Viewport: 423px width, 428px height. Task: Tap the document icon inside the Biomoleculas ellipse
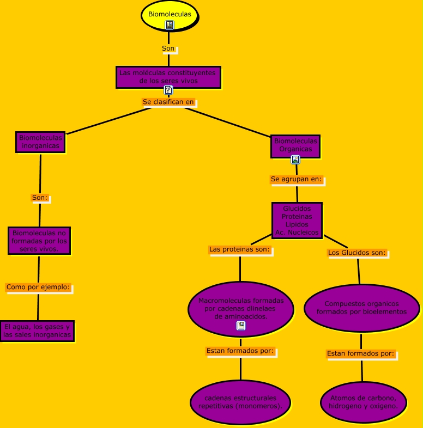(170, 25)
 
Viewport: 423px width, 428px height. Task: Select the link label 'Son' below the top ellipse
(168, 48)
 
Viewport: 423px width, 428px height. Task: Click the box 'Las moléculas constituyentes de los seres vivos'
(168, 77)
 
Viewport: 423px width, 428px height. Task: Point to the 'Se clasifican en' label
(168, 102)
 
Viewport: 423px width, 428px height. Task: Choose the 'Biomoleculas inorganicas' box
(40, 142)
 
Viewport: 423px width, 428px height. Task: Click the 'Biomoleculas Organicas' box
(295, 145)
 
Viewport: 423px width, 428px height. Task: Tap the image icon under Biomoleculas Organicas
(295, 160)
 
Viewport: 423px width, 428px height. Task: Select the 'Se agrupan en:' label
(297, 179)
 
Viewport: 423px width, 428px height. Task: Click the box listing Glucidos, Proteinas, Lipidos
(297, 220)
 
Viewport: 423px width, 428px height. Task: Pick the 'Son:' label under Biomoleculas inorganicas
(40, 198)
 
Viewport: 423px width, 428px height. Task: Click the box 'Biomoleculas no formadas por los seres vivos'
(39, 241)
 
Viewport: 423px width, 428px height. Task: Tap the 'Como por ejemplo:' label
(38, 286)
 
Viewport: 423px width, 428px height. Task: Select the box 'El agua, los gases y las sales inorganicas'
(37, 331)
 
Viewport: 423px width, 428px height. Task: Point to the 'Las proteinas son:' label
(239, 249)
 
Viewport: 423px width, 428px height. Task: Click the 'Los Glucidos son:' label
(357, 253)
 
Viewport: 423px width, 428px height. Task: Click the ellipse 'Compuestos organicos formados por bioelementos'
(361, 308)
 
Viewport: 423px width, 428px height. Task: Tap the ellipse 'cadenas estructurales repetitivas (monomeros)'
(240, 402)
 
